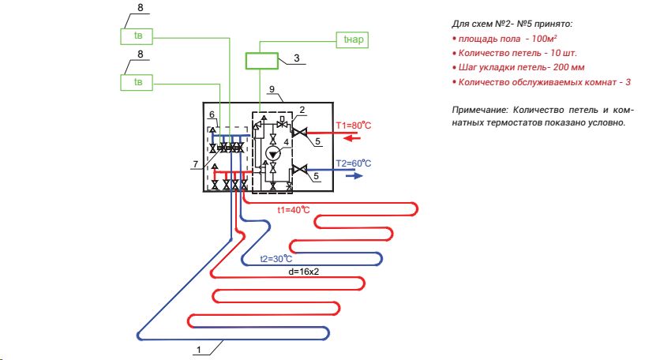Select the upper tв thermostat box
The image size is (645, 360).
click(x=137, y=36)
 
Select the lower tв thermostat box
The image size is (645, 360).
click(x=137, y=81)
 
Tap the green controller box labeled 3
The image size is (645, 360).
click(x=261, y=61)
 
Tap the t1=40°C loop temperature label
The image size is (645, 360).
click(x=293, y=209)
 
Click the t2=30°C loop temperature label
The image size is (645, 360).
click(x=277, y=259)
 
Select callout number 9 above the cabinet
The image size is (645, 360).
click(x=273, y=88)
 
